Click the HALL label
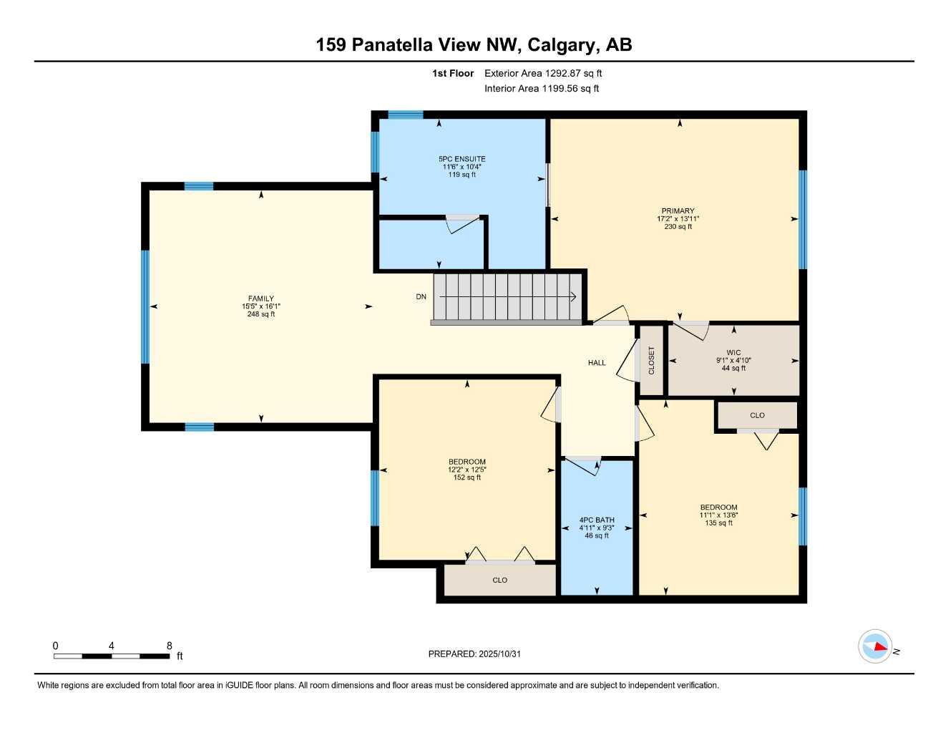coord(597,363)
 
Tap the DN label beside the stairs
coord(421,296)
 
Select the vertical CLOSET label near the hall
coord(651,360)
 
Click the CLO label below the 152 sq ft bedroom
coord(499,580)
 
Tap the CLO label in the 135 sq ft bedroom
coord(757,415)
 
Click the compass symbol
coord(875,646)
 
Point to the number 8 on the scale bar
coord(169,646)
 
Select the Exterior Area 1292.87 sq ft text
coord(543,73)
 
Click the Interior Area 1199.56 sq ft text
coord(542,89)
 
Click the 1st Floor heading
coord(453,73)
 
